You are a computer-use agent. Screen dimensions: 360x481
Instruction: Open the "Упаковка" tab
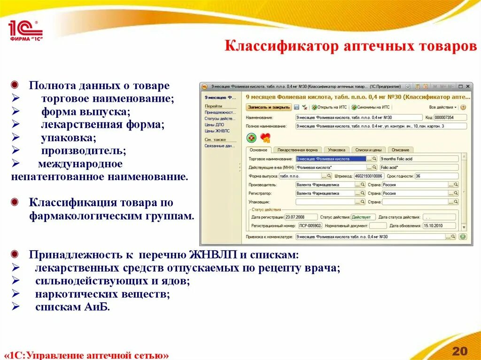tap(336, 150)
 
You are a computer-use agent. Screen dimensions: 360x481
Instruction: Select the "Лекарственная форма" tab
tap(297, 150)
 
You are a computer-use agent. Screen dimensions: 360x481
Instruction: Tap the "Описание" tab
tap(400, 150)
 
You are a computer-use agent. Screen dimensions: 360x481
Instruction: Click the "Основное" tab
tap(258, 150)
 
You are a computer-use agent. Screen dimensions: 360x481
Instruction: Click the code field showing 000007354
tap(450, 117)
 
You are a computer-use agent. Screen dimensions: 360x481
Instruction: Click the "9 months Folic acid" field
tap(418, 159)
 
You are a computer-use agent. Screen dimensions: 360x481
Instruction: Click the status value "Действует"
tap(363, 217)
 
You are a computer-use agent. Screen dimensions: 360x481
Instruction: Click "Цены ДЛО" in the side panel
tap(214, 125)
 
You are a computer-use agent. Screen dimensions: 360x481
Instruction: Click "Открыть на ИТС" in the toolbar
tap(332, 107)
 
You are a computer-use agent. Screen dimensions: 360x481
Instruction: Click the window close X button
tap(467, 86)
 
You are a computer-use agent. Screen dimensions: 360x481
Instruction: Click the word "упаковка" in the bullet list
tap(68, 138)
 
